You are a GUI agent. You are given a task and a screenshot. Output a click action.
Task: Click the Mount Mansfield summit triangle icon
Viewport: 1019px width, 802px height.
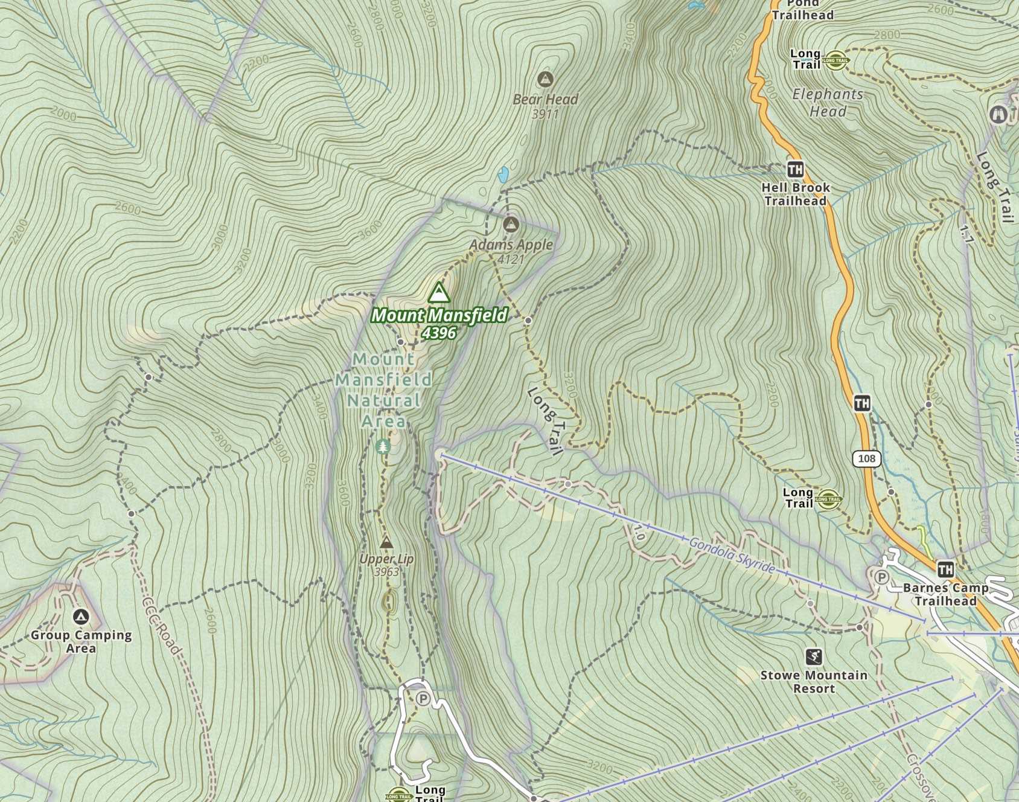439,293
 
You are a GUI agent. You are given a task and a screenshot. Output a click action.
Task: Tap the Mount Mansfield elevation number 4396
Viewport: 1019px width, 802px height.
439,333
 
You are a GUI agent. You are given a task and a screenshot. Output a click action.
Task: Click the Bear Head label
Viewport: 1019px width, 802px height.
545,99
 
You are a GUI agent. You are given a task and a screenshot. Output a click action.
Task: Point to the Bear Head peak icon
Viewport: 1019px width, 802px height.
545,79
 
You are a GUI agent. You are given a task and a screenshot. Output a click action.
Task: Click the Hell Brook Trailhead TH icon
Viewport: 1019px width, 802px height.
795,169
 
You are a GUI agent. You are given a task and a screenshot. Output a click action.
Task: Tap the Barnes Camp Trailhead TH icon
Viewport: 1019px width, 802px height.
945,569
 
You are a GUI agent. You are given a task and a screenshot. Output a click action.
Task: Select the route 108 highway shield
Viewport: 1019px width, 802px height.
866,458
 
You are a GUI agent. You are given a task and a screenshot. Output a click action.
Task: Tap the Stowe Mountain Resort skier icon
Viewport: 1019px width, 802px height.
814,656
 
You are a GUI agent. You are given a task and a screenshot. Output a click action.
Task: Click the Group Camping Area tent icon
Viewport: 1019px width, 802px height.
80,617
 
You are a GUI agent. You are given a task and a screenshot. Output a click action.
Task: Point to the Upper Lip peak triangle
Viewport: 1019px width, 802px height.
386,542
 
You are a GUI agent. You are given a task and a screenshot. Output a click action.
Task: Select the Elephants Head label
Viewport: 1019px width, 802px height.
828,103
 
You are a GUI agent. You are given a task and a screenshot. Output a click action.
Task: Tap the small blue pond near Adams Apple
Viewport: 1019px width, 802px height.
503,175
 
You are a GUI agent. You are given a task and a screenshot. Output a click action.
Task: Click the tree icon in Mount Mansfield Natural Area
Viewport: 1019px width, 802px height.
382,447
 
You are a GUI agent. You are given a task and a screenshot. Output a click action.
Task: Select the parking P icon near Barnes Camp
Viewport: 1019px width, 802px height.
881,577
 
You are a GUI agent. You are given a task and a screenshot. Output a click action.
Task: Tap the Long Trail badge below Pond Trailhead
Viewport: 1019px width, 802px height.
836,59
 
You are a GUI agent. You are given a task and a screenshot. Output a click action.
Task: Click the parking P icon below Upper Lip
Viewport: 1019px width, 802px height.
423,699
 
